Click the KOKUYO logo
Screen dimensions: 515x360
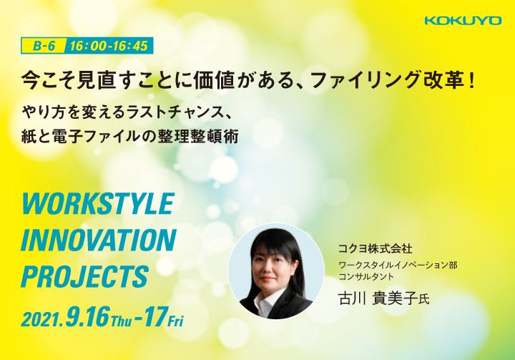(x=463, y=21)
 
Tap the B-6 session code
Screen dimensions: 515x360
(x=44, y=46)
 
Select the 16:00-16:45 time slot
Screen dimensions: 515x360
(x=109, y=46)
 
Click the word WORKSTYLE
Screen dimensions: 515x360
(x=98, y=203)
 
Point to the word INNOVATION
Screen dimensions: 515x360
(x=99, y=240)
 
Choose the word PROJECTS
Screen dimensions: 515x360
(x=84, y=276)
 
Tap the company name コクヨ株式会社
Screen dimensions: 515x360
(x=375, y=248)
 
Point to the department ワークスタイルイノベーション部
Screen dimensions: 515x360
(x=398, y=265)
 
